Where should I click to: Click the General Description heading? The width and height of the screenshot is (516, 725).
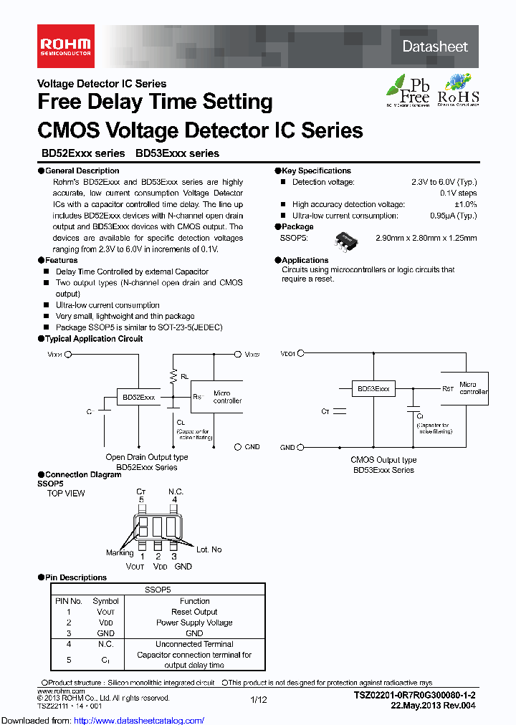pyautogui.click(x=82, y=171)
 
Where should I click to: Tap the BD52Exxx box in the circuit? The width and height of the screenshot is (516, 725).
pyautogui.click(x=138, y=397)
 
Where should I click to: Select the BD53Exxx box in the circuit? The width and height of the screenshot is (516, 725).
pyautogui.click(x=374, y=389)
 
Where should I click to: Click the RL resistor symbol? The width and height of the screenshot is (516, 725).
pyautogui.click(x=172, y=375)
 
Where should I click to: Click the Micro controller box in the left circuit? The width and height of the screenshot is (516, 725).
pyautogui.click(x=226, y=397)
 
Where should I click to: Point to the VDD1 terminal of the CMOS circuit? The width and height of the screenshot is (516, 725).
pyautogui.click(x=300, y=352)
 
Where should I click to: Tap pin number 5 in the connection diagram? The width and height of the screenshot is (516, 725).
pyautogui.click(x=141, y=499)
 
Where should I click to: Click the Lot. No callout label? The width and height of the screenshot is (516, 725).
pyautogui.click(x=209, y=549)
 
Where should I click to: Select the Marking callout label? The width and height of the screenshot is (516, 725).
pyautogui.click(x=120, y=552)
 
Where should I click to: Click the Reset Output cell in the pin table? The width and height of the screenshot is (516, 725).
pyautogui.click(x=194, y=612)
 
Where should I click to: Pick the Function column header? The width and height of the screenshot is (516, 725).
pyautogui.click(x=194, y=601)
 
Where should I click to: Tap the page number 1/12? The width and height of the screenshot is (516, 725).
pyautogui.click(x=258, y=699)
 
